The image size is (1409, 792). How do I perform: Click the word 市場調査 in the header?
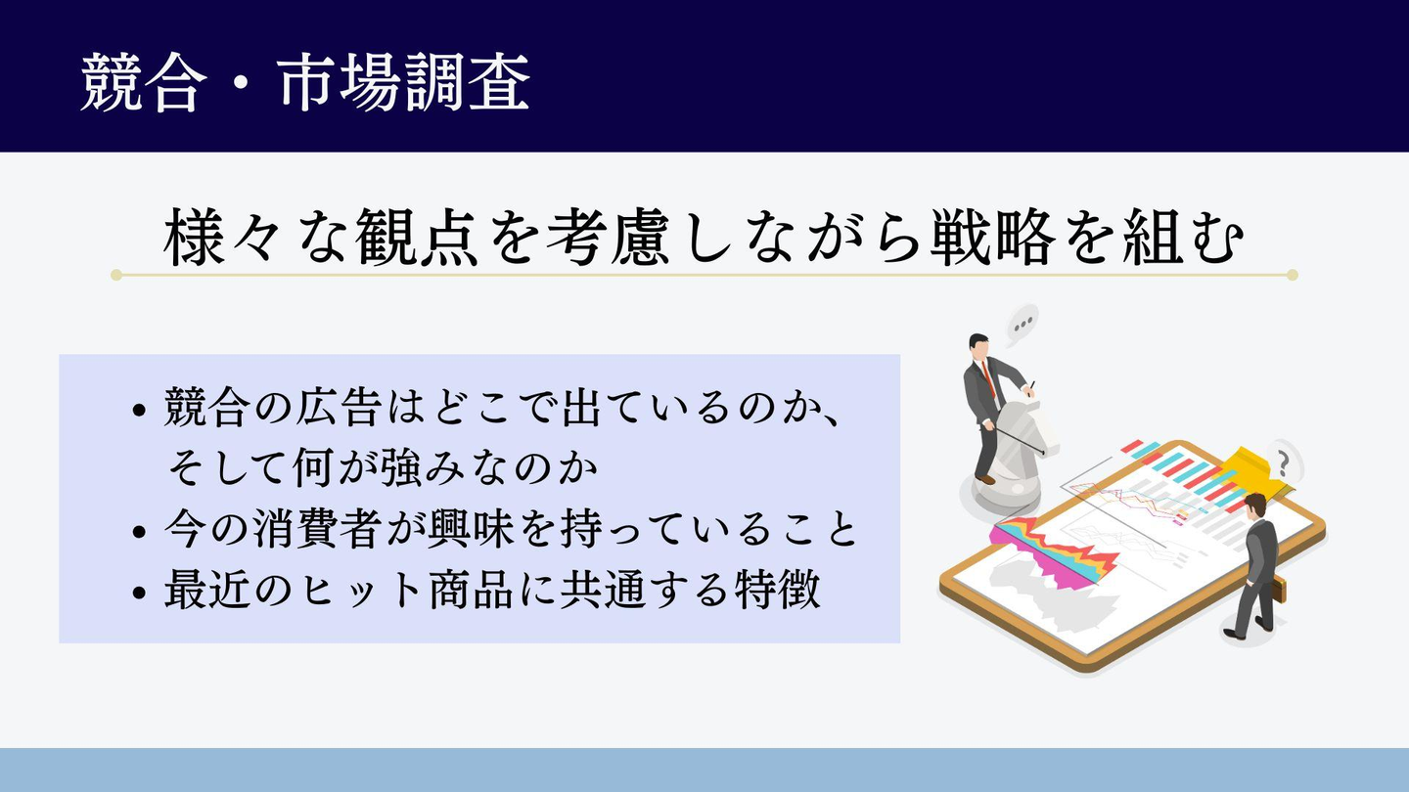point(402,82)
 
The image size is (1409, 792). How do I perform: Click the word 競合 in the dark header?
point(144,82)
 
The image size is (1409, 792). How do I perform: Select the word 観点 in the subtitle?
point(416,237)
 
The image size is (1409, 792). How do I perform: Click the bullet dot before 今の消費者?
point(139,532)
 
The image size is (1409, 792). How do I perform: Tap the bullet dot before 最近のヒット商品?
point(139,593)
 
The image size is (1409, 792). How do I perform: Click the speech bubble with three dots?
point(1022,325)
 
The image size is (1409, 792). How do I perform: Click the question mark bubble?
point(1284,463)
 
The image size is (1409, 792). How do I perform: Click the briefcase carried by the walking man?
point(1279,591)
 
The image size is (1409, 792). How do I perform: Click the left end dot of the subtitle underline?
point(116,275)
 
